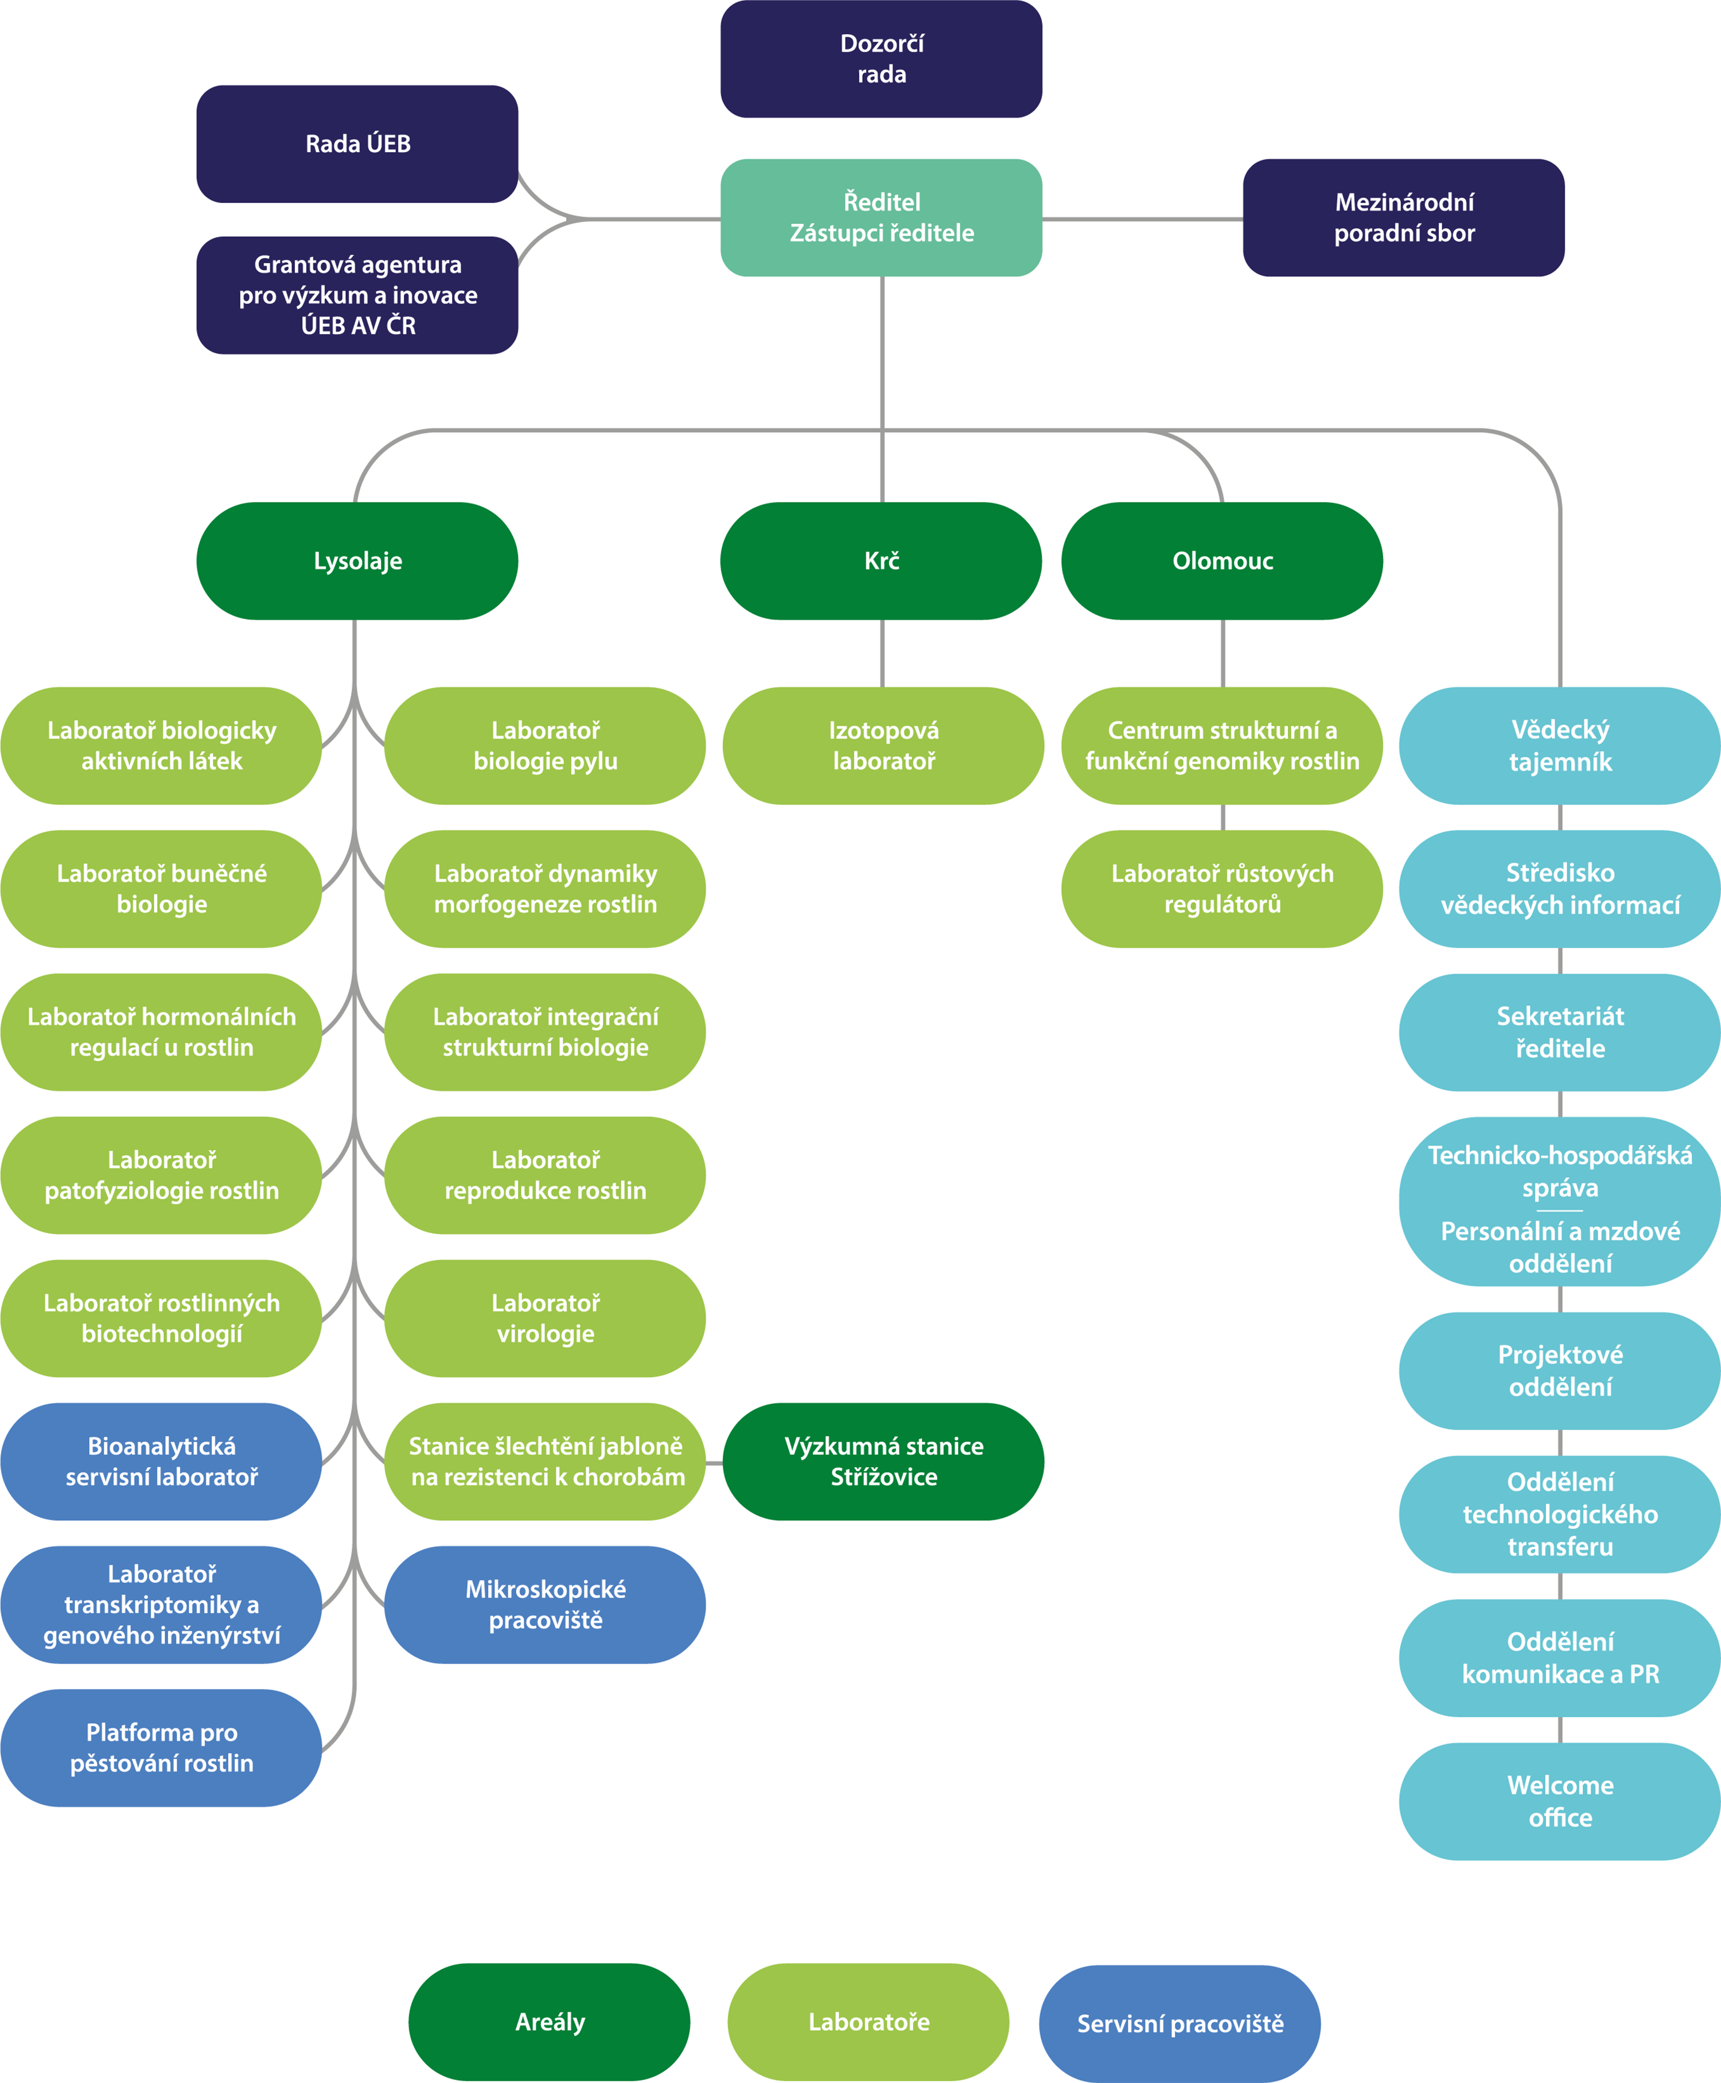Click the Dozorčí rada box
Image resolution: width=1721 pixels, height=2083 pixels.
[881, 59]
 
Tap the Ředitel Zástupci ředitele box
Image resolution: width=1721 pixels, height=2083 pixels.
[881, 217]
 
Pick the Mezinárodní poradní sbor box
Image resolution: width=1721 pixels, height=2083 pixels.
[1404, 217]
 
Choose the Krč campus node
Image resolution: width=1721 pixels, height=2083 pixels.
[881, 561]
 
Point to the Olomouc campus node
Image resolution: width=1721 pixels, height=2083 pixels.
[1222, 561]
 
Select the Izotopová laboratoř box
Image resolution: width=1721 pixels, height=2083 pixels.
[883, 746]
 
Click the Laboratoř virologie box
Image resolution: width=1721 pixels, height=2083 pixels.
[545, 1319]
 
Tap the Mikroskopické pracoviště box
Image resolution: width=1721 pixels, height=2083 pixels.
[545, 1605]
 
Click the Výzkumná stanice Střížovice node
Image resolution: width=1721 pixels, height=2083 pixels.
[883, 1461]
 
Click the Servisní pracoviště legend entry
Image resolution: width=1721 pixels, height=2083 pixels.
[1179, 2023]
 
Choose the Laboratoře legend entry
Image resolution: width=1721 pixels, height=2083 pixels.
[869, 2023]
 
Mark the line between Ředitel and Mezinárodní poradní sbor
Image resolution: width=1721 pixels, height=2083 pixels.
[1142, 219]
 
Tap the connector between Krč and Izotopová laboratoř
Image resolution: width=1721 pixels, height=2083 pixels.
[882, 653]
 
